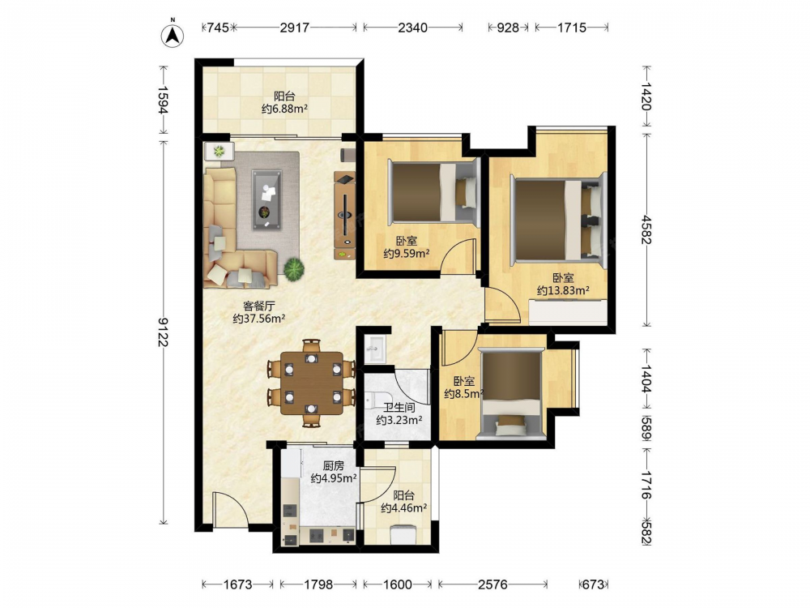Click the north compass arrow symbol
173,35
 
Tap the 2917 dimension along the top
295,28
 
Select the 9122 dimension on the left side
164,332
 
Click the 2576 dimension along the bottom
492,584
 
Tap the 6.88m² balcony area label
284,102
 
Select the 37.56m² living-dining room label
259,312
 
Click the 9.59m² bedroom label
407,247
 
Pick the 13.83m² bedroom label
563,285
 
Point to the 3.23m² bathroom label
399,413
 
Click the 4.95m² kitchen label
334,472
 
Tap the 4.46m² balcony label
403,502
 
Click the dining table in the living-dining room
312,383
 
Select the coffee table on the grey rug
266,200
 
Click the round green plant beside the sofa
293,269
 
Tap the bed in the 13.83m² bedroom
558,220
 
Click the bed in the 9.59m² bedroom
433,192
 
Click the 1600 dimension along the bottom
398,584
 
